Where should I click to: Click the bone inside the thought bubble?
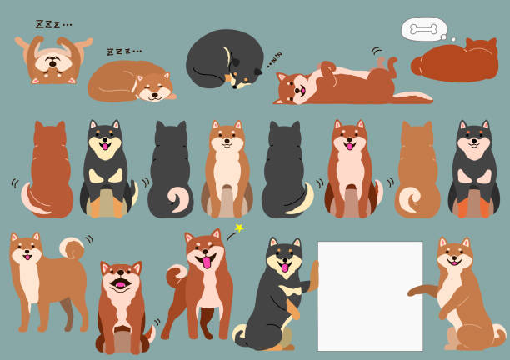pyautogui.click(x=423, y=30)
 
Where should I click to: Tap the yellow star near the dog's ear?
pyautogui.click(x=238, y=227)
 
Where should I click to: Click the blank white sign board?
pyautogui.click(x=370, y=296)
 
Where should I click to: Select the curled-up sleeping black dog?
pyautogui.click(x=220, y=60)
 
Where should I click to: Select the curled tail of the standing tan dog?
pyautogui.click(x=72, y=247)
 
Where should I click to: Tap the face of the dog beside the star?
pyautogui.click(x=202, y=253)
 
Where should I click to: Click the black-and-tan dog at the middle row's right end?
pyautogui.click(x=473, y=171)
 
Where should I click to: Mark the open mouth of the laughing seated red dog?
pyautogui.click(x=121, y=285)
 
